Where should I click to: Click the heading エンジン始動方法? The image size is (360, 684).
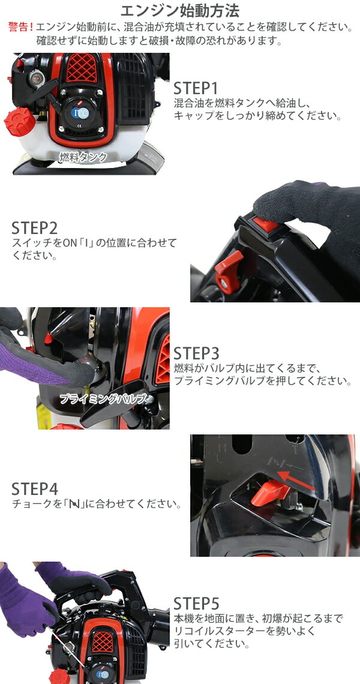click(179, 10)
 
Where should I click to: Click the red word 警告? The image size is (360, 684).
click(21, 26)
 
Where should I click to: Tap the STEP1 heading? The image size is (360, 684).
click(196, 88)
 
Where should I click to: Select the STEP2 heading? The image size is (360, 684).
click(34, 228)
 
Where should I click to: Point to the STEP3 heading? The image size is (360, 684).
click(196, 353)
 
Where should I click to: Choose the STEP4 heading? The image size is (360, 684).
click(34, 489)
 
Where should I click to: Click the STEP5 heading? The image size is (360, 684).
click(196, 604)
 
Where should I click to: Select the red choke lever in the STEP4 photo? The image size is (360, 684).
click(269, 493)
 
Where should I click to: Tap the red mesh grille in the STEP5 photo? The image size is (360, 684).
click(101, 641)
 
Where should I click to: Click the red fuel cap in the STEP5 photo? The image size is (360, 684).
click(59, 677)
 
